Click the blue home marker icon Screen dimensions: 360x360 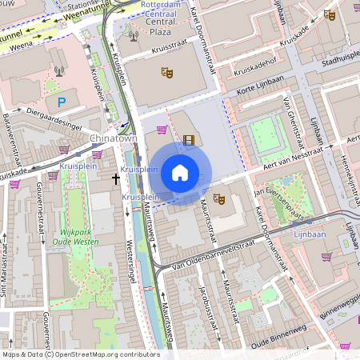pos(180,173)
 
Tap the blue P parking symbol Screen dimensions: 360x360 pos(62,102)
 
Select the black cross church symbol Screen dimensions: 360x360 pos(115,180)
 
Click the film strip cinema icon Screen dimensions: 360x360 pos(188,141)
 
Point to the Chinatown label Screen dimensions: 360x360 pos(114,139)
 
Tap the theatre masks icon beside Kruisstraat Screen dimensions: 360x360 pos(167,73)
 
